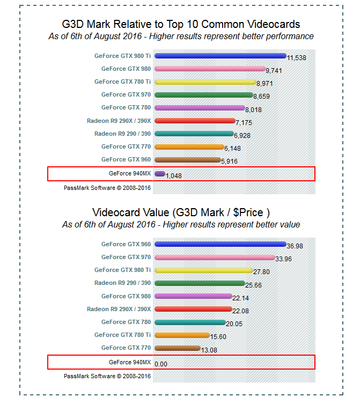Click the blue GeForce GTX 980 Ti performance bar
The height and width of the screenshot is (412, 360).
tap(220, 56)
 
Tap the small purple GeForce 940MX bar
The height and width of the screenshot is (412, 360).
tap(159, 174)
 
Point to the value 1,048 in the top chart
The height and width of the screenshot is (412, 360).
tap(174, 176)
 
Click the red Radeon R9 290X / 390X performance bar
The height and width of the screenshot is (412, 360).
tap(195, 121)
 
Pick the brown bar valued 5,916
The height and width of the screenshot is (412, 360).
tap(187, 159)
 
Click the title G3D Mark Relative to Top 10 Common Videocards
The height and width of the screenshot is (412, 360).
tap(181, 24)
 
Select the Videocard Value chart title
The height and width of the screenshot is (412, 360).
tap(181, 212)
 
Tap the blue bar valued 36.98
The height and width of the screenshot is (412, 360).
tap(220, 244)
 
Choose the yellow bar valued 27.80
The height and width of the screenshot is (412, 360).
tap(203, 270)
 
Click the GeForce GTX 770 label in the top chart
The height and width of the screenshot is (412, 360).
tap(126, 146)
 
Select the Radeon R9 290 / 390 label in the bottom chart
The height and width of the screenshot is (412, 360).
tap(122, 283)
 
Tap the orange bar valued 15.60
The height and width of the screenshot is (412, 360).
tap(182, 335)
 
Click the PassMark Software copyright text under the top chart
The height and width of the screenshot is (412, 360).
tap(107, 188)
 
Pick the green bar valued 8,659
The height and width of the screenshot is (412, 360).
tap(203, 95)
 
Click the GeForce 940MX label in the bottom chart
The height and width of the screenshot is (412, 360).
tap(130, 362)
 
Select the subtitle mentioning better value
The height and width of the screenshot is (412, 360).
tap(181, 224)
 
